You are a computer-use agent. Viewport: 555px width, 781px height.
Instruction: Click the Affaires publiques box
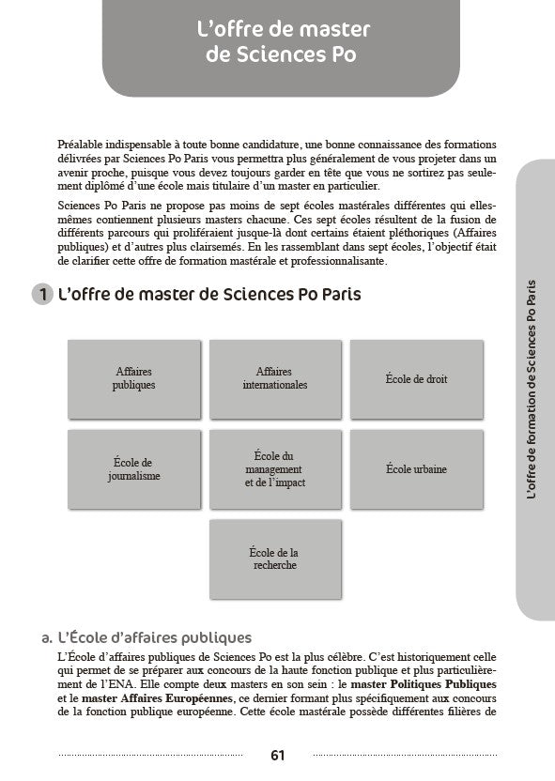[133, 378]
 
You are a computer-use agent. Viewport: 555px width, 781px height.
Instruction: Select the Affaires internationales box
[275, 378]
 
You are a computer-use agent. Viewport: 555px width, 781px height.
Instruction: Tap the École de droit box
[416, 378]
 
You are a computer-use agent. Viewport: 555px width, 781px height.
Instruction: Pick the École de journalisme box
[133, 468]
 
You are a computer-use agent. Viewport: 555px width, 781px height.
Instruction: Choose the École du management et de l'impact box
[275, 468]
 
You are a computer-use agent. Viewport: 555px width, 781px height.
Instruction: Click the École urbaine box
[416, 468]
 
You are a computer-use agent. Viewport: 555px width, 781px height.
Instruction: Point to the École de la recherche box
[275, 559]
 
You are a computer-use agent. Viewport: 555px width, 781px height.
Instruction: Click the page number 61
[277, 755]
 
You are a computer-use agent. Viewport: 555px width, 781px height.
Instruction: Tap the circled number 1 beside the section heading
[42, 295]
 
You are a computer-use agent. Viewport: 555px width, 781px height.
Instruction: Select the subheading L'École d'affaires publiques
[153, 638]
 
